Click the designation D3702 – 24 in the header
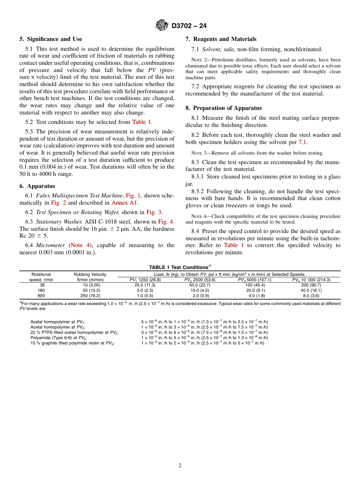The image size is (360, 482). point(189,26)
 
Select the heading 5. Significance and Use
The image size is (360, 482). point(51,39)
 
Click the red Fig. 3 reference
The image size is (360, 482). point(154,212)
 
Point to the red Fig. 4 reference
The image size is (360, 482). point(166,222)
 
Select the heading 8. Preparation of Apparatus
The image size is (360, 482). point(224,108)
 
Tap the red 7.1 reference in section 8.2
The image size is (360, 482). point(303,142)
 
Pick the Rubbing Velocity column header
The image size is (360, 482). point(90,274)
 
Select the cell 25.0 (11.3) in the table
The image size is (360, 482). point(145,285)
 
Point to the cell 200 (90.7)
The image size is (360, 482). point(311,285)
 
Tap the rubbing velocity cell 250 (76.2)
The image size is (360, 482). point(90,296)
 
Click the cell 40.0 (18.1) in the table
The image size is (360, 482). point(311,290)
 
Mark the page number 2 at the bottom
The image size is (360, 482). point(180,466)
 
